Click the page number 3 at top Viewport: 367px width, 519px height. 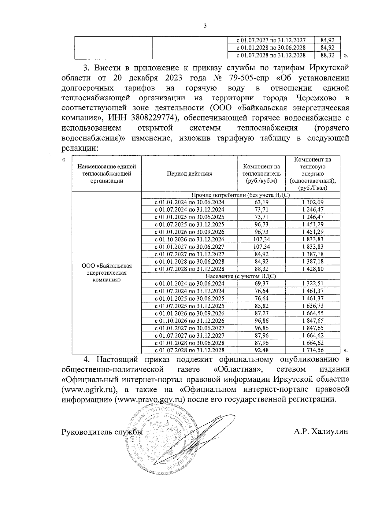click(205, 26)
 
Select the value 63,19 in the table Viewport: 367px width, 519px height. click(261, 202)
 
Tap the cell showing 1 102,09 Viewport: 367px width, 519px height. click(313, 202)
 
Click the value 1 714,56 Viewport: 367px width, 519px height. click(313, 350)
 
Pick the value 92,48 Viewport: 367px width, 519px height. click(261, 350)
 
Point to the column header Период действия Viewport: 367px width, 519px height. click(189, 174)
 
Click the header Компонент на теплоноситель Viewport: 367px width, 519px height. click(261, 174)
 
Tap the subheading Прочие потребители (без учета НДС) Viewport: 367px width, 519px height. click(240, 195)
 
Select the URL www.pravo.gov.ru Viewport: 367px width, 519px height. click(150, 400)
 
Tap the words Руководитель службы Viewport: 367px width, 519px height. click(102, 432)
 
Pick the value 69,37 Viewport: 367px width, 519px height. click(261, 284)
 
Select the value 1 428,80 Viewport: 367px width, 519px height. click(313, 269)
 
